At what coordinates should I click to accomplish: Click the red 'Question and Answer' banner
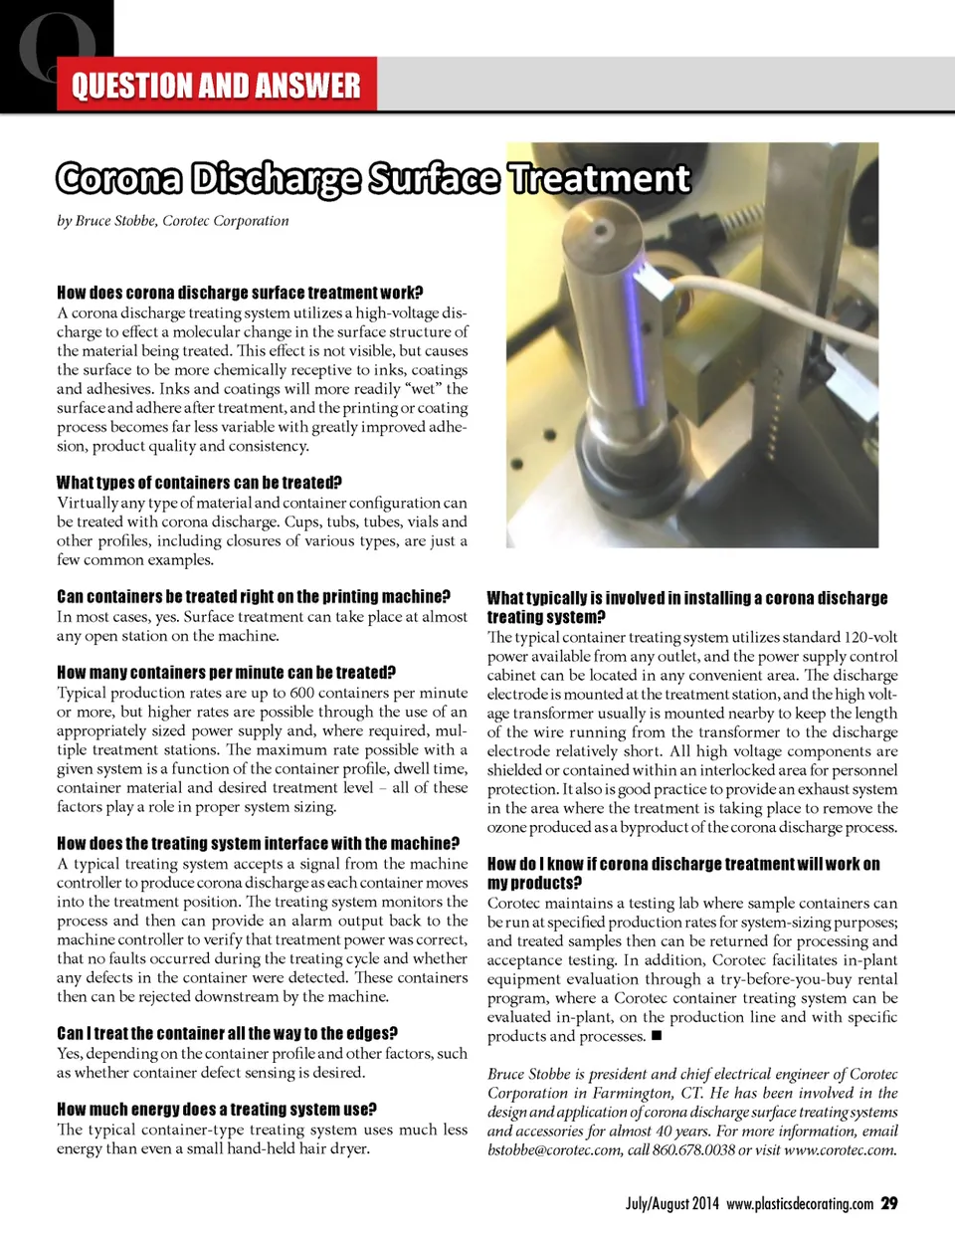click(216, 86)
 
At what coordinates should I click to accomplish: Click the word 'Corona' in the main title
click(119, 179)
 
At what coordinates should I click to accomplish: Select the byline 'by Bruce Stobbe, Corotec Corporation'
click(173, 221)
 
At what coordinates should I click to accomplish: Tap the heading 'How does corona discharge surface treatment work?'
click(240, 293)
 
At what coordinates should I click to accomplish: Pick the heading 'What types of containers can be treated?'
click(200, 483)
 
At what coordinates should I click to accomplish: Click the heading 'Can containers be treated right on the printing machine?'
click(254, 597)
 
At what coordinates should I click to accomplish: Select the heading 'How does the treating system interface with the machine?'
click(259, 844)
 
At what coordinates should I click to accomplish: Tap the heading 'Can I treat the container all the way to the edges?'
click(228, 1034)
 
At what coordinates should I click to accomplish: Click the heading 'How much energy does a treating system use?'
click(217, 1110)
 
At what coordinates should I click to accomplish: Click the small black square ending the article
click(657, 1036)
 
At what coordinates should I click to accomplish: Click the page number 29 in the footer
click(889, 1203)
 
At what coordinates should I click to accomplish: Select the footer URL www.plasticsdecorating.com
click(800, 1204)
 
